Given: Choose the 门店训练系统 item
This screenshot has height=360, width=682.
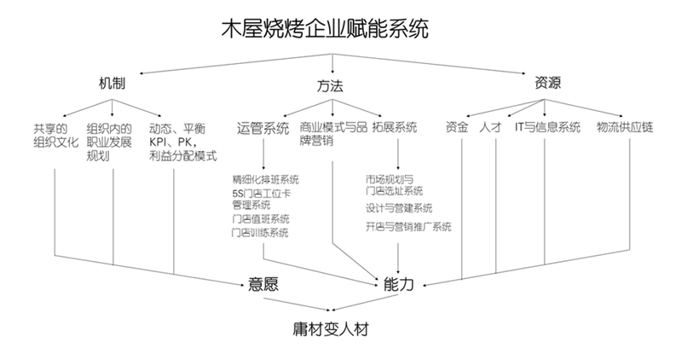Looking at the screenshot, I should [x=259, y=233].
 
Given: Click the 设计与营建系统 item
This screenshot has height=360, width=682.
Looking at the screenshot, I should [x=398, y=208].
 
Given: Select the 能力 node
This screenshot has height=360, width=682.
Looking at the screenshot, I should [x=398, y=284].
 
